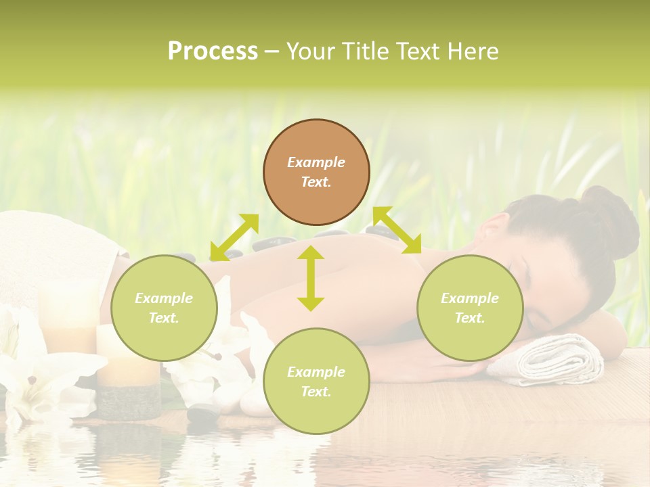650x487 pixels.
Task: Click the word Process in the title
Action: pyautogui.click(x=213, y=51)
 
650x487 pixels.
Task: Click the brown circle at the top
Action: pyautogui.click(x=316, y=172)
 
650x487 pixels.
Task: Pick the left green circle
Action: pyautogui.click(x=164, y=308)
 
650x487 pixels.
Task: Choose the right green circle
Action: pyautogui.click(x=470, y=308)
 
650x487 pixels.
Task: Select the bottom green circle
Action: pyautogui.click(x=316, y=381)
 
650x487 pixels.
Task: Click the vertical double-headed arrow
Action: pyautogui.click(x=311, y=278)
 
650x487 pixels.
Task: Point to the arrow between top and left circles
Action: pyautogui.click(x=234, y=237)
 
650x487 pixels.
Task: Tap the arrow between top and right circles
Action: pyautogui.click(x=397, y=230)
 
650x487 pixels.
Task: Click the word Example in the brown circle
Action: pyautogui.click(x=316, y=162)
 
